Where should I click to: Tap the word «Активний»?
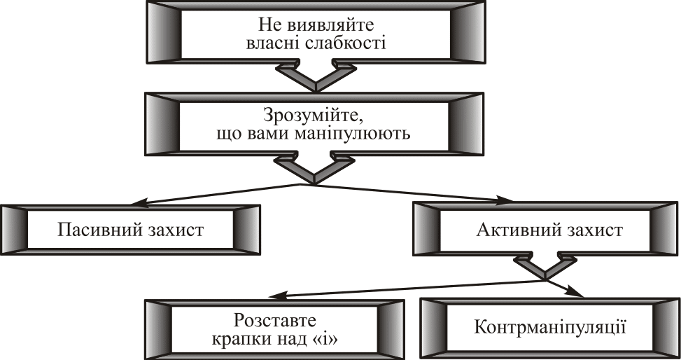[x=513, y=230]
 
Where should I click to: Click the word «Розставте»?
[x=274, y=321]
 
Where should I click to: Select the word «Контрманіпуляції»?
[x=549, y=326]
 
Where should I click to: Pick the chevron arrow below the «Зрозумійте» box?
[x=313, y=169]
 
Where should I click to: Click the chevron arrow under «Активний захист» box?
[x=545, y=268]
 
